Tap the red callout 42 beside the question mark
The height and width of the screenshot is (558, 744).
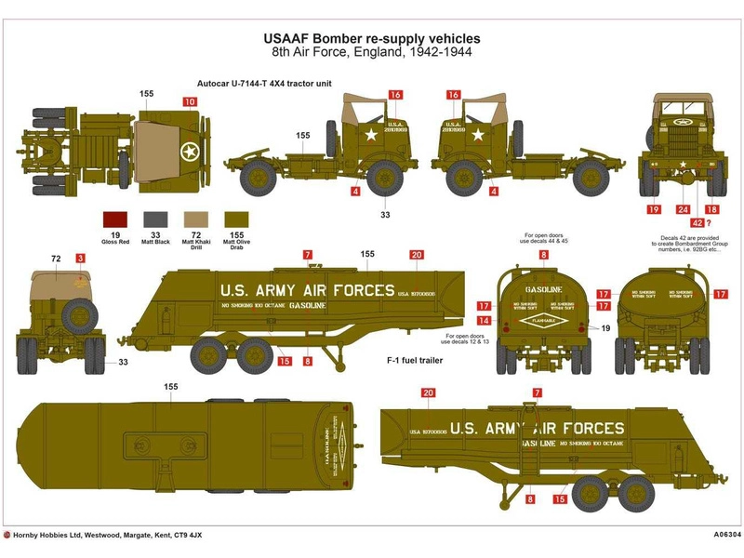697,222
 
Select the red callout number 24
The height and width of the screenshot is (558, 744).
683,210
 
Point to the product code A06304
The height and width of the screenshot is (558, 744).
714,536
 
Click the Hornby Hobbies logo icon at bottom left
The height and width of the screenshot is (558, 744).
8,536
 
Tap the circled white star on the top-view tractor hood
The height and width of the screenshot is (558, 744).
189,152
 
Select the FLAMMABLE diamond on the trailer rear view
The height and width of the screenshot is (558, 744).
539,321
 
